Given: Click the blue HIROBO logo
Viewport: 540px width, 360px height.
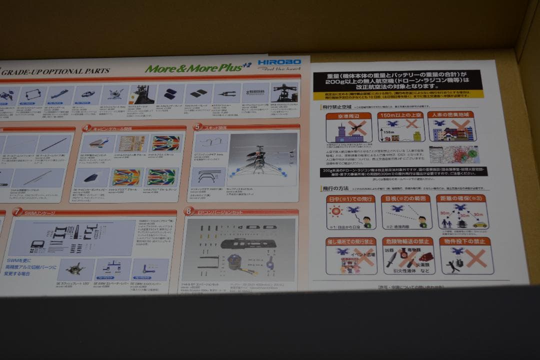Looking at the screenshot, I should [x=279, y=62].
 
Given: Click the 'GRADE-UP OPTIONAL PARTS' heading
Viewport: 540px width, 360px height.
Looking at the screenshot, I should [x=55, y=71].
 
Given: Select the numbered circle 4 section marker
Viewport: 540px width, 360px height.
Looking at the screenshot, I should [x=86, y=128].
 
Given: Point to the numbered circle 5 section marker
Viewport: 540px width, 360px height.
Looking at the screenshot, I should [x=197, y=127].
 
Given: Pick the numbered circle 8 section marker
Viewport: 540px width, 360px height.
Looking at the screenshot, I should [x=188, y=211].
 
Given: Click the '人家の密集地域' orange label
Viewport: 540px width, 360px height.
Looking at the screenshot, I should [x=451, y=114].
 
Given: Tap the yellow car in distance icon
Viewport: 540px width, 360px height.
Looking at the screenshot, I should [x=479, y=224].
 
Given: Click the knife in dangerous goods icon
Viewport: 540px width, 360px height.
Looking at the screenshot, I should [x=392, y=259].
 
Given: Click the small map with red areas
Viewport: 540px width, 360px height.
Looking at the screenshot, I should [x=453, y=154].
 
